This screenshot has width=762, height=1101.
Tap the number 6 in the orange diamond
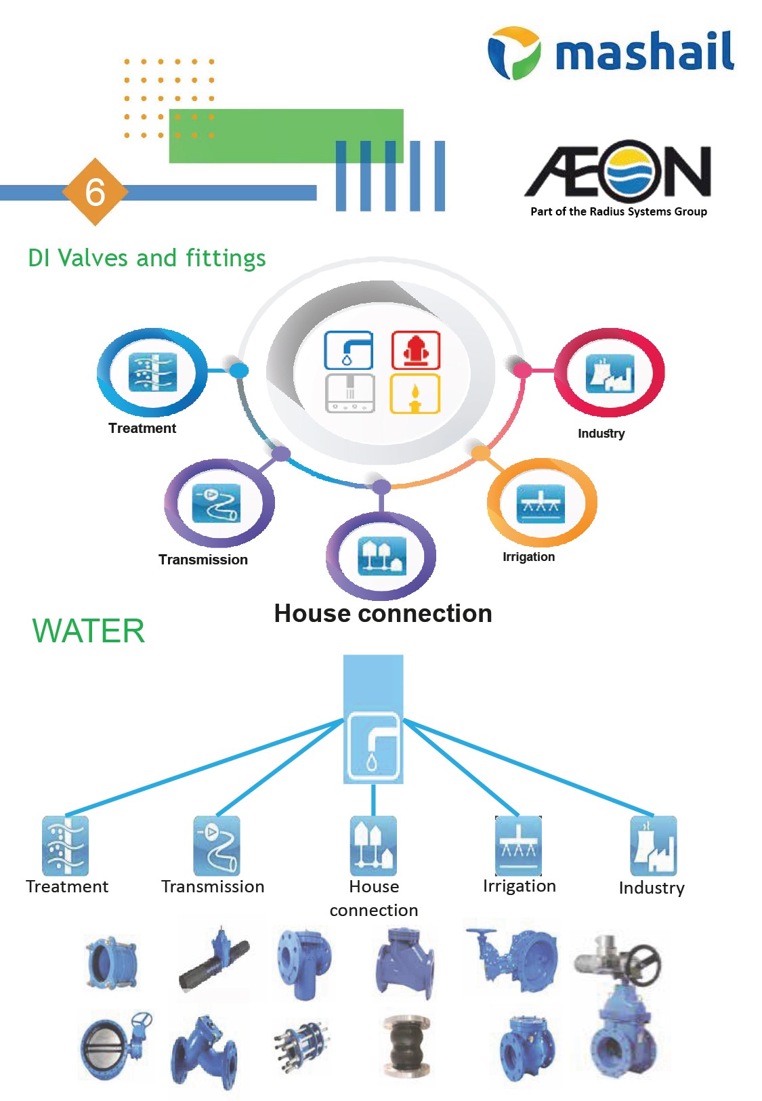point(95,192)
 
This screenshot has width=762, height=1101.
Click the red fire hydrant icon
point(416,350)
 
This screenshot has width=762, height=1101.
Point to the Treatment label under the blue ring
point(142,428)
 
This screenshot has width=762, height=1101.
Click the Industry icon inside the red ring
point(610,373)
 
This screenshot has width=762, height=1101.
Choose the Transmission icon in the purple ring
point(217,503)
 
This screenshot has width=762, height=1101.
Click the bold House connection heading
point(383,613)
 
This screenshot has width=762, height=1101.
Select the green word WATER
point(89,631)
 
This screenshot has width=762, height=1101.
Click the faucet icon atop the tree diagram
point(373,746)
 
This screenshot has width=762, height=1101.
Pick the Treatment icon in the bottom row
point(65,846)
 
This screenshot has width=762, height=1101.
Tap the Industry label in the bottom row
point(652,888)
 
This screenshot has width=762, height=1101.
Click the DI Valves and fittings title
point(146,258)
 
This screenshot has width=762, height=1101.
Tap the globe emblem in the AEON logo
point(633,171)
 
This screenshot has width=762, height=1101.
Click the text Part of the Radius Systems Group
point(618,211)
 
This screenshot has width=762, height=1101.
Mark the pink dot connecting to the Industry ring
point(522,370)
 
